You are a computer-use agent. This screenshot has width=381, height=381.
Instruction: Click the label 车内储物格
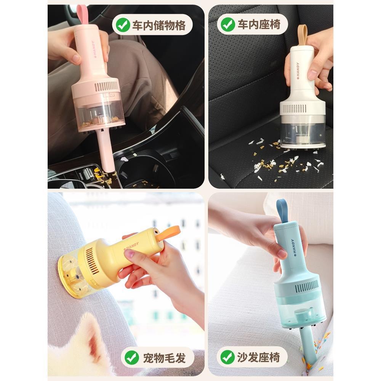coord(159,25)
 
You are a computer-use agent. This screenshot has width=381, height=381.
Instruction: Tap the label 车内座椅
coord(259,24)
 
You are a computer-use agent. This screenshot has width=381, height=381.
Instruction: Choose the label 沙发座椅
coord(258,357)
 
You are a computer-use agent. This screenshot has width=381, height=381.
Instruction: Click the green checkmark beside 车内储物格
coord(123,25)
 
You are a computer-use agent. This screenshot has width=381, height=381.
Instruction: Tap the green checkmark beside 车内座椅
coord(228,24)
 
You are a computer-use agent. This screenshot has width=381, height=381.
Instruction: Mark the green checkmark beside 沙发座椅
coord(227,357)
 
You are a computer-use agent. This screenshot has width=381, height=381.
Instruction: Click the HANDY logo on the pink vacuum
coord(93,49)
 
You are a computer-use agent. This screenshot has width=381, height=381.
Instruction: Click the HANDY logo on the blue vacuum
coord(293,248)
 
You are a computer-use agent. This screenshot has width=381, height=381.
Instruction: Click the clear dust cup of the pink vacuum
coord(98,113)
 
